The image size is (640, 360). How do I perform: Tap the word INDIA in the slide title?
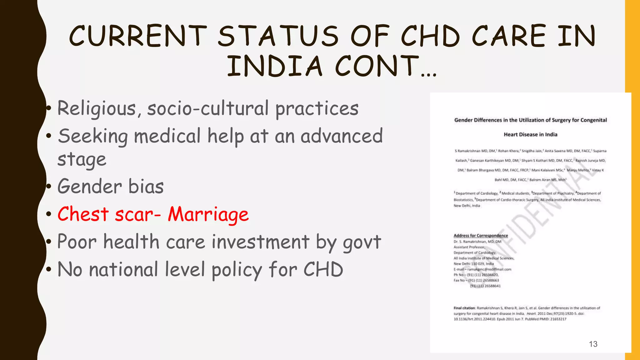[274, 66]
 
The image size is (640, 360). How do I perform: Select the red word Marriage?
[208, 214]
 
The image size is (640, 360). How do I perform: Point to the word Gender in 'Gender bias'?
[89, 186]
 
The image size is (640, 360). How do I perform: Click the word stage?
[82, 159]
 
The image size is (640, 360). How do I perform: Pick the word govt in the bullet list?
[362, 242]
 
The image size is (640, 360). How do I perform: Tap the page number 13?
[593, 344]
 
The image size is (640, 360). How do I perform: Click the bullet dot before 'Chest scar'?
[48, 214]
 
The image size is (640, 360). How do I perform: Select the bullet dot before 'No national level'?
[48, 269]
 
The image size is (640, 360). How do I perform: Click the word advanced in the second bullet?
[342, 136]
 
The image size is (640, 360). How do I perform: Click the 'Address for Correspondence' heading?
[481, 236]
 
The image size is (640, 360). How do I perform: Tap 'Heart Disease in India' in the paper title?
[530, 134]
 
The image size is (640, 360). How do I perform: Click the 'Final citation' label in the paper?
[464, 308]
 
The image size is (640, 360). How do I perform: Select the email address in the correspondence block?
[489, 269]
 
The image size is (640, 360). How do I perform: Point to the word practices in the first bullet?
[317, 109]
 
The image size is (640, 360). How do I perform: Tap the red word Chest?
[83, 214]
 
